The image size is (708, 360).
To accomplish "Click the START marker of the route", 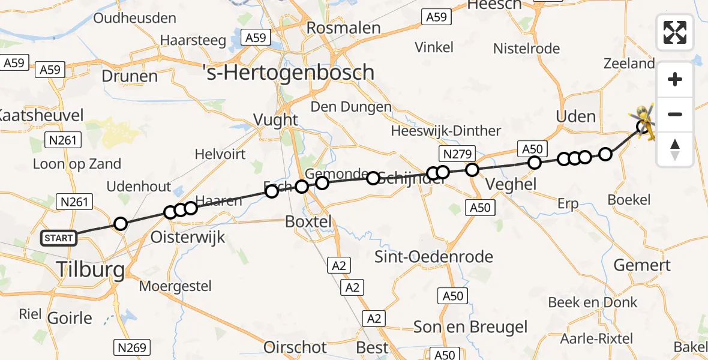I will (x=59, y=238).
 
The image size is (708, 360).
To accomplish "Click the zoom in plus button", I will (x=675, y=80).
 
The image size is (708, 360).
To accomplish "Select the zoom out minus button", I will (x=675, y=114).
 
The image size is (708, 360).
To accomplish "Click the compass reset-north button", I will (x=675, y=149).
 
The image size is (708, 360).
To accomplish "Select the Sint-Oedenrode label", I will (x=434, y=257).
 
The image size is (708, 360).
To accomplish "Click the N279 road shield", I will (x=457, y=153).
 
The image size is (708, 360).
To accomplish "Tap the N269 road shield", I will (x=131, y=346).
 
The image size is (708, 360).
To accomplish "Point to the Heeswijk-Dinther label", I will (x=446, y=131).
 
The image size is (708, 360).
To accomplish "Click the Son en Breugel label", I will (x=470, y=327).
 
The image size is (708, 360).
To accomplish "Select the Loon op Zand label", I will (x=77, y=164).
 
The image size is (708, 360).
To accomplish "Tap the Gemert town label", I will (x=643, y=265).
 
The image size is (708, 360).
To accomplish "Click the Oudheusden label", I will (x=134, y=18).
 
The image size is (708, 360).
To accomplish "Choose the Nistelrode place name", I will (x=526, y=49).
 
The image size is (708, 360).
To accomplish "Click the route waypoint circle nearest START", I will (x=121, y=224).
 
